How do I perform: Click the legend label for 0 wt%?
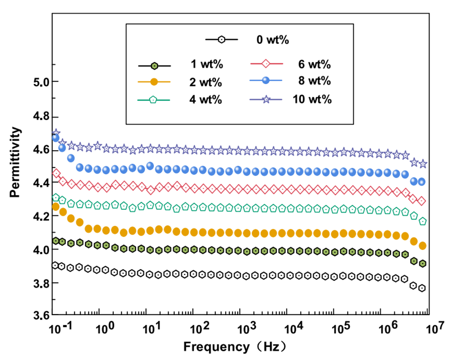point(272,40)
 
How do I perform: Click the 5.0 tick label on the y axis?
point(34,83)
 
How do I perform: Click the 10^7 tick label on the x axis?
point(434,327)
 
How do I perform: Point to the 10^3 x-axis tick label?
point(247,327)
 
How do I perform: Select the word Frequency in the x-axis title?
point(215,347)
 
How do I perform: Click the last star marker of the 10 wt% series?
point(423,164)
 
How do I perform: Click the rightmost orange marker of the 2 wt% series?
point(423,246)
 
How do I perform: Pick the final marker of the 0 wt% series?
point(423,288)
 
